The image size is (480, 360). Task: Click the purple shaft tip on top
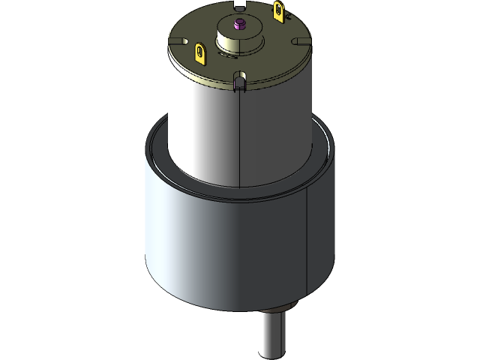pos(239,24)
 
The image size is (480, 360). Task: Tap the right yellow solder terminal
pos(280,10)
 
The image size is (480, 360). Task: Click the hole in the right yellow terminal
pos(280,10)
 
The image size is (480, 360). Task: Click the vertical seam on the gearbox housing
pos(308,247)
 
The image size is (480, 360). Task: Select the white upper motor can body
pos(202,127)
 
